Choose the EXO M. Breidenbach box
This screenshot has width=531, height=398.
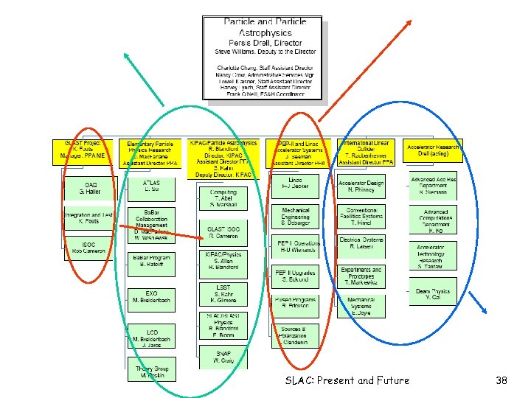(150, 298)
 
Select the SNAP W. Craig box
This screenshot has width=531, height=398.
(223, 357)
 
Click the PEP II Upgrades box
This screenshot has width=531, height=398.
(296, 276)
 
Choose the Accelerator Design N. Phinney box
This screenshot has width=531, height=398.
(361, 186)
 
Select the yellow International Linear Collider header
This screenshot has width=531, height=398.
(367, 151)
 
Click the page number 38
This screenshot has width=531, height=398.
(502, 380)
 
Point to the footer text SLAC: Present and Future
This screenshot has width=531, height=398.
(347, 380)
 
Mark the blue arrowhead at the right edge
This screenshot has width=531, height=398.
(482, 310)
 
